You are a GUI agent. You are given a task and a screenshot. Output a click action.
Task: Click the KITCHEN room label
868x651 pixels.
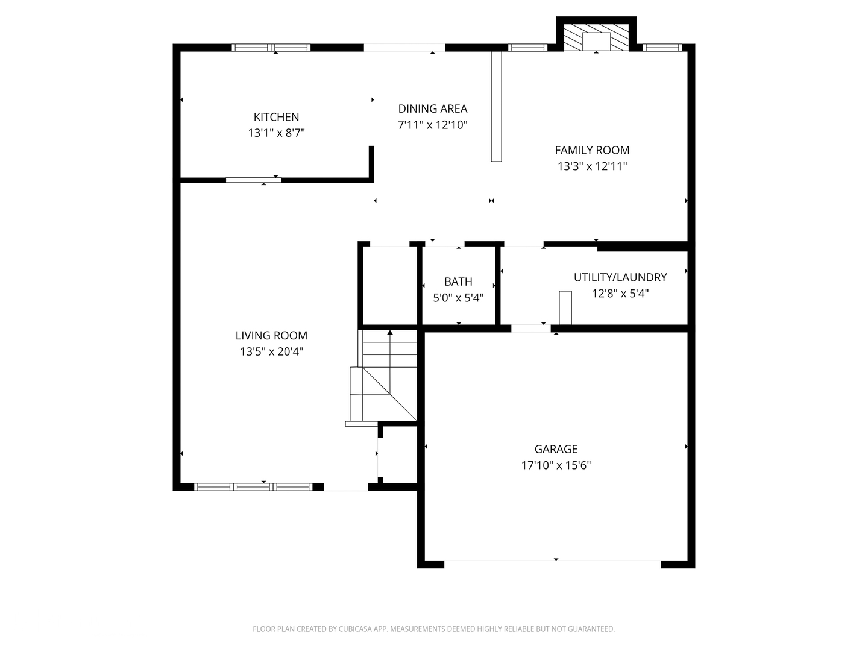coord(276,117)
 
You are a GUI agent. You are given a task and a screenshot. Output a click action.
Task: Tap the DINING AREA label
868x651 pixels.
coord(432,108)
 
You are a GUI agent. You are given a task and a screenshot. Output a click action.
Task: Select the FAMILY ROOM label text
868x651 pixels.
coord(592,150)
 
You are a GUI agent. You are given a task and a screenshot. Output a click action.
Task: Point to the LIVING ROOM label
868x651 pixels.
coord(271,336)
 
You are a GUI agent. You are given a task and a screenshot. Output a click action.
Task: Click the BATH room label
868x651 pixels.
coord(458,281)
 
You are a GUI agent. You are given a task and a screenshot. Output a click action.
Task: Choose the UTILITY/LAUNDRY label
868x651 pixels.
coord(620,277)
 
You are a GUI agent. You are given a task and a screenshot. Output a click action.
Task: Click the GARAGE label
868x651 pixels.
coord(556,449)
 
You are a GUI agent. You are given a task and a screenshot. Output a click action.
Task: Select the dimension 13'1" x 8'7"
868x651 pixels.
coord(276,133)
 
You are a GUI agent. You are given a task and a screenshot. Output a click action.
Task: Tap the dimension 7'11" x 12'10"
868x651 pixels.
coord(432,125)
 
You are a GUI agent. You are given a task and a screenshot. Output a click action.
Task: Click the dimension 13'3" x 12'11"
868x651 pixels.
coord(592,166)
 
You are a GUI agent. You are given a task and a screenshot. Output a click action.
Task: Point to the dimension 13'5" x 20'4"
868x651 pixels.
coord(271,352)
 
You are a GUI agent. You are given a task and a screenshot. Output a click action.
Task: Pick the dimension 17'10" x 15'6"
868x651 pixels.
coord(556,465)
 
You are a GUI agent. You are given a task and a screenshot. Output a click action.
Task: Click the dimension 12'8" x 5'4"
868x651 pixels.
coord(620,294)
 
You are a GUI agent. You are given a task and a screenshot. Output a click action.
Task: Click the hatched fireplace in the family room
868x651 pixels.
coord(596,37)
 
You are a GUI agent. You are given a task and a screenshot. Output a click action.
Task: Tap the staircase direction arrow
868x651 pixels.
coord(390,333)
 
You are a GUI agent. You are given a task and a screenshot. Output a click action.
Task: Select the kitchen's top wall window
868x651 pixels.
coord(271,48)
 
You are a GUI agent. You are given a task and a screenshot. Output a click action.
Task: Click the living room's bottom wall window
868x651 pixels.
coord(253,487)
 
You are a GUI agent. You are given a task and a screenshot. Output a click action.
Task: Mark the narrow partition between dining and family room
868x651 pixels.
coord(496,106)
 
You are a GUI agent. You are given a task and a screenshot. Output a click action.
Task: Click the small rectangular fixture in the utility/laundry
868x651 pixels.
coord(565,307)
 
